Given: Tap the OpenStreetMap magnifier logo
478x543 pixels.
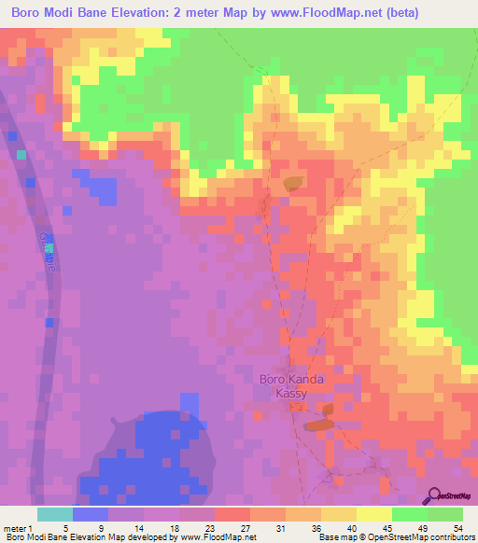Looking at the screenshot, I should click(x=435, y=496).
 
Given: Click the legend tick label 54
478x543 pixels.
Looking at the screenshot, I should click(x=457, y=527).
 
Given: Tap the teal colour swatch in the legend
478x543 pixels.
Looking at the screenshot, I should click(x=54, y=514).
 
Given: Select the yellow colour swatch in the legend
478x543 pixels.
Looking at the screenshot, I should click(x=373, y=514).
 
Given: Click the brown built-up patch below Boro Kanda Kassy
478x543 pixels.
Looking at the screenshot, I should click(x=317, y=425).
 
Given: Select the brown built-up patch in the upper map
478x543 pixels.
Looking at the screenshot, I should click(x=293, y=184).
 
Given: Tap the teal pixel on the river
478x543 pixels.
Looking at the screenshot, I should click(x=49, y=249).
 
